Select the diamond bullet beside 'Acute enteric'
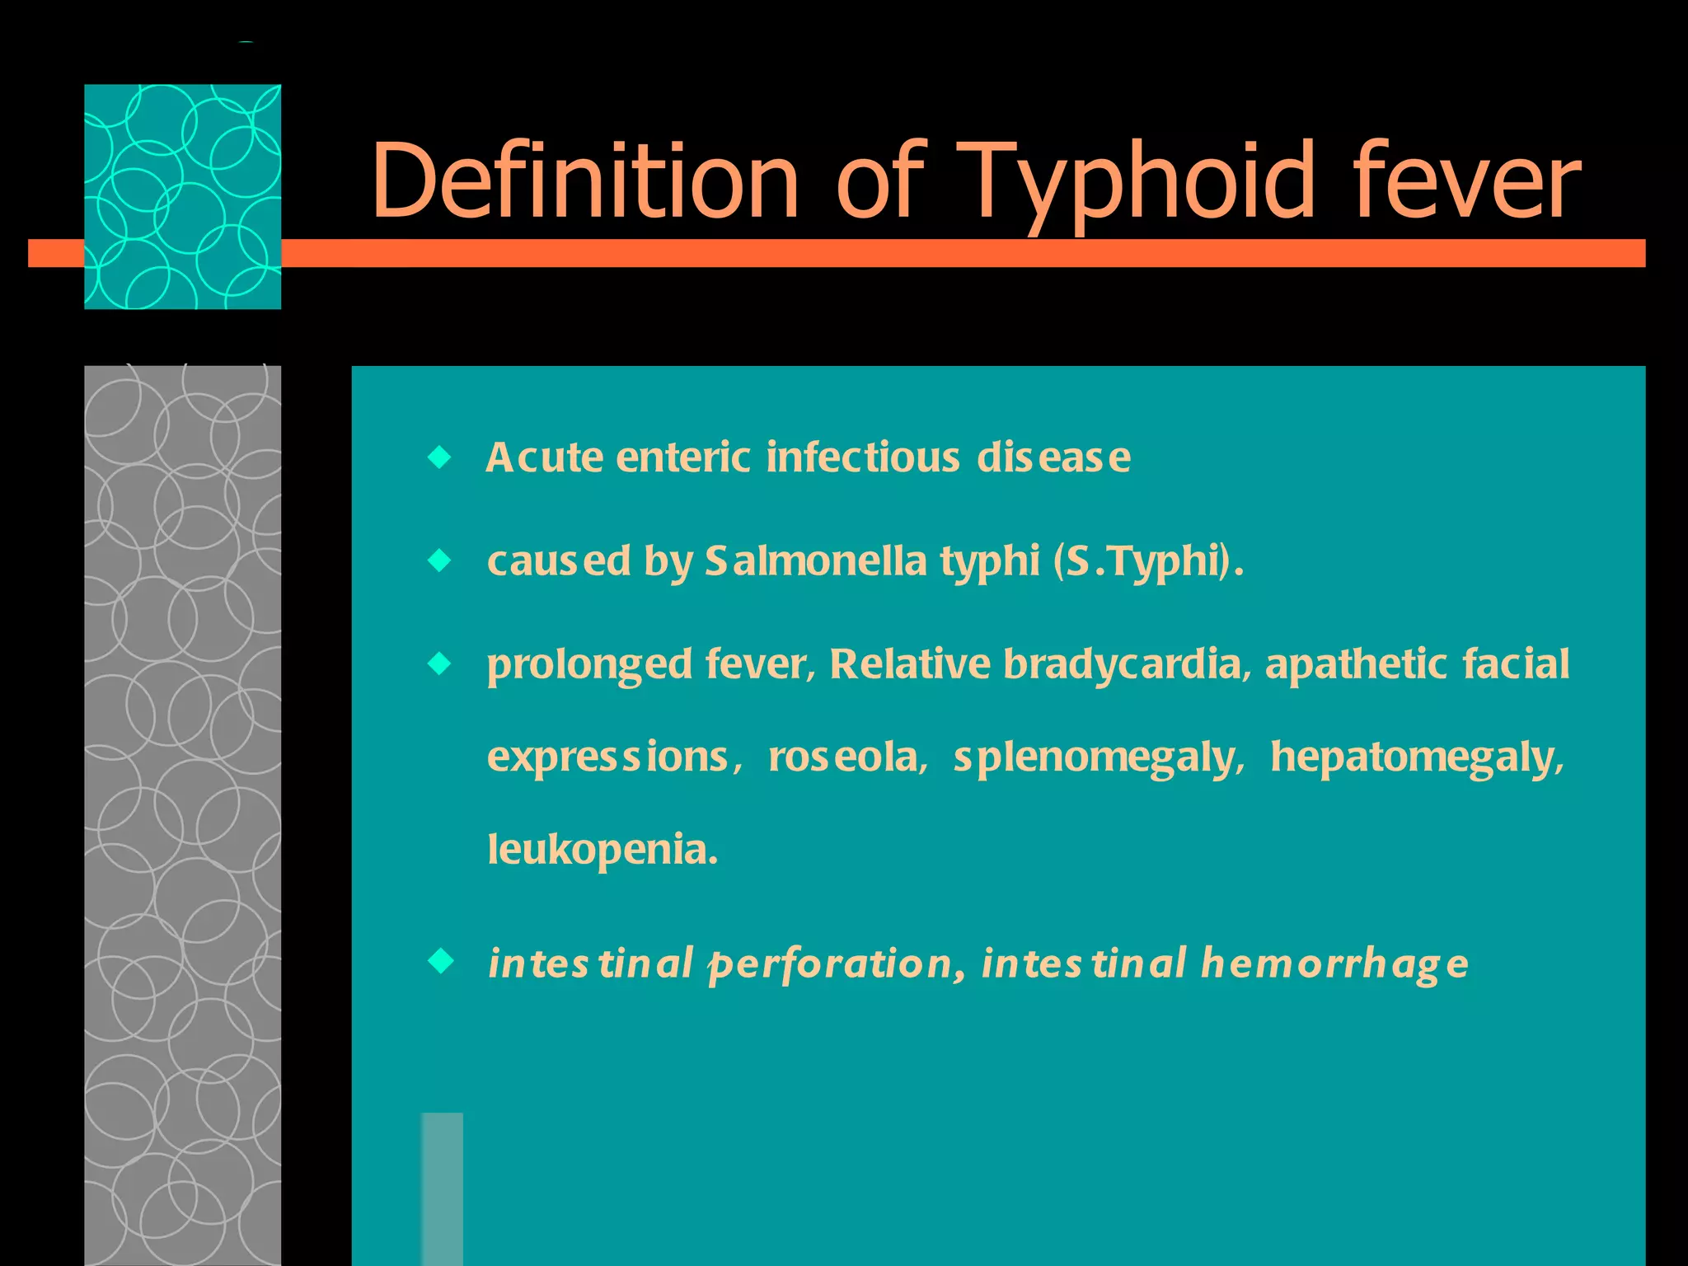441,457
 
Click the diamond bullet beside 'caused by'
441,561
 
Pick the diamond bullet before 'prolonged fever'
441,663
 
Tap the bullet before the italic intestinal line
441,961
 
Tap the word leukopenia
602,851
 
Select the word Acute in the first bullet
544,458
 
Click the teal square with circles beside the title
182,196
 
